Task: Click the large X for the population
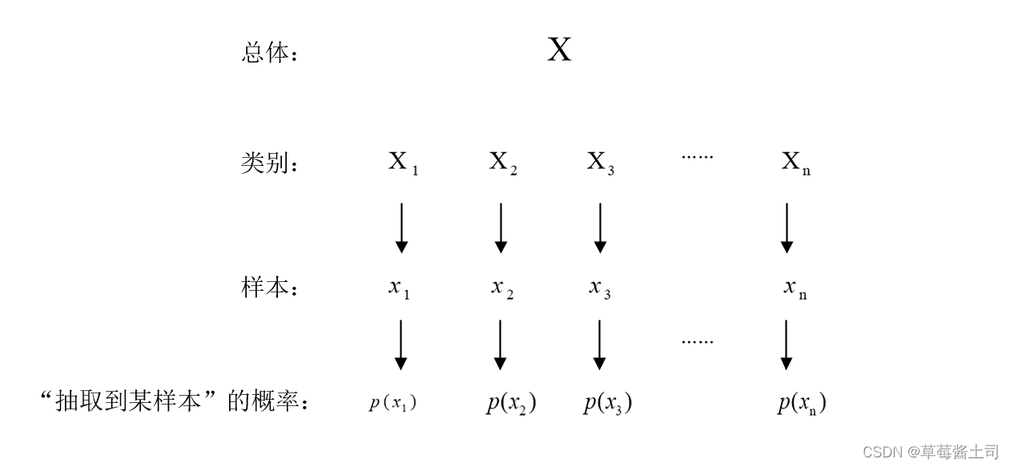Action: (x=559, y=50)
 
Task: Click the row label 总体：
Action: (x=269, y=54)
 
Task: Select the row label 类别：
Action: (x=269, y=163)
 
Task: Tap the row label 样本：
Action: (x=269, y=288)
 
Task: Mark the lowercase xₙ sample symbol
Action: (x=795, y=288)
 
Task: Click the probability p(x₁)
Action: (x=392, y=403)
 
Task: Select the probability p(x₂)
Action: (x=511, y=403)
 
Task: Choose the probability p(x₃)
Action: (x=607, y=403)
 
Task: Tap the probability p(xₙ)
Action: (x=801, y=403)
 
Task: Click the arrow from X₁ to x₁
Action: (x=402, y=227)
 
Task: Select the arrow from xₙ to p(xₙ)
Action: (x=787, y=344)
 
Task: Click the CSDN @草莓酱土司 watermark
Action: (x=931, y=452)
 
